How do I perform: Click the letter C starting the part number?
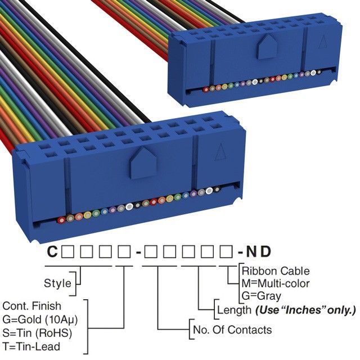[51, 252]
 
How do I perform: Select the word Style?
[57, 283]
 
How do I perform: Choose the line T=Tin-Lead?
[31, 346]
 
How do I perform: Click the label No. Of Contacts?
[232, 330]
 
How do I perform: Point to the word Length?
[233, 310]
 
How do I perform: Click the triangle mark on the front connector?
[221, 152]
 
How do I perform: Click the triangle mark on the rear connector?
[323, 42]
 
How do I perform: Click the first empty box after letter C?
[66, 252]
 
